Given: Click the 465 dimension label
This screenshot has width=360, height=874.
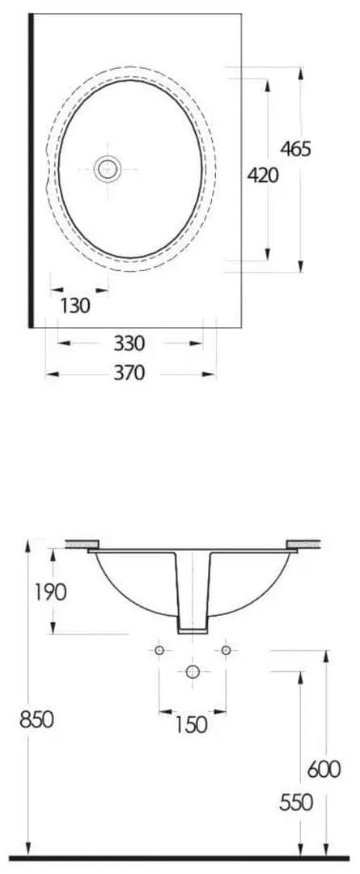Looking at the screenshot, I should pyautogui.click(x=295, y=149).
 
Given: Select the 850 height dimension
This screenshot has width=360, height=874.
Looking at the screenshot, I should pyautogui.click(x=36, y=718).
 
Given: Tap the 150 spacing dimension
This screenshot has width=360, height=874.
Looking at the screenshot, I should pyautogui.click(x=191, y=723).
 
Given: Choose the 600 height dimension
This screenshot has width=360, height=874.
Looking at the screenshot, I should pyautogui.click(x=324, y=768).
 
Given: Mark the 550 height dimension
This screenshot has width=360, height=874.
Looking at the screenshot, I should pyautogui.click(x=296, y=802).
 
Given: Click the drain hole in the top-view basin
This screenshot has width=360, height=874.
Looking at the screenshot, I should pyautogui.click(x=107, y=168).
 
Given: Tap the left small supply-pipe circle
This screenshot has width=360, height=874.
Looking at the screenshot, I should pyautogui.click(x=159, y=650).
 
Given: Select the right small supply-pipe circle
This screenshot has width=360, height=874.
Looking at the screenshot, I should pyautogui.click(x=227, y=650).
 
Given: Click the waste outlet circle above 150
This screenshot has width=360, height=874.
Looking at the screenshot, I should pyautogui.click(x=193, y=671).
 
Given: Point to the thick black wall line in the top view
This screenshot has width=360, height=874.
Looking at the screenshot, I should pyautogui.click(x=31, y=170).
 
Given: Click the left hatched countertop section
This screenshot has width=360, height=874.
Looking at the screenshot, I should pyautogui.click(x=82, y=545).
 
